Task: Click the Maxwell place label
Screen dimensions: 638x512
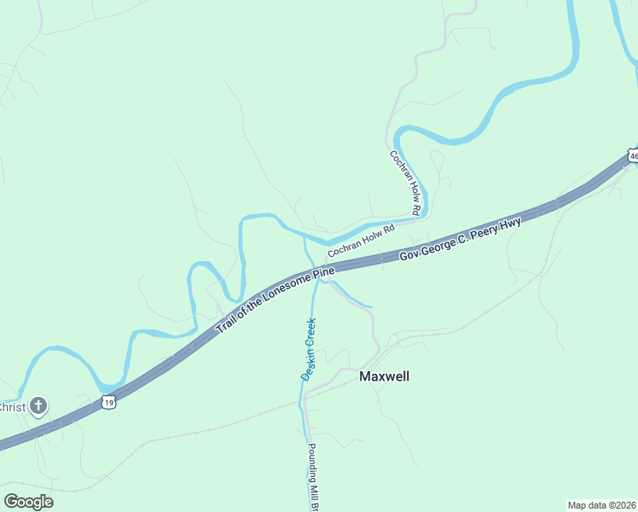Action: [x=384, y=375]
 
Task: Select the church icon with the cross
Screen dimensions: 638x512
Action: [x=38, y=406]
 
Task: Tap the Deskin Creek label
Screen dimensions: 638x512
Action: [x=308, y=349]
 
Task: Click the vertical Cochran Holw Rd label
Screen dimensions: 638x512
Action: [x=406, y=183]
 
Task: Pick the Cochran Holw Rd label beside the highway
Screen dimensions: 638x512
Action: [x=362, y=240]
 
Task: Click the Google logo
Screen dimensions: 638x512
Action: [x=28, y=501]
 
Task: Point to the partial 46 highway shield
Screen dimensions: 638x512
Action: [x=632, y=155]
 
